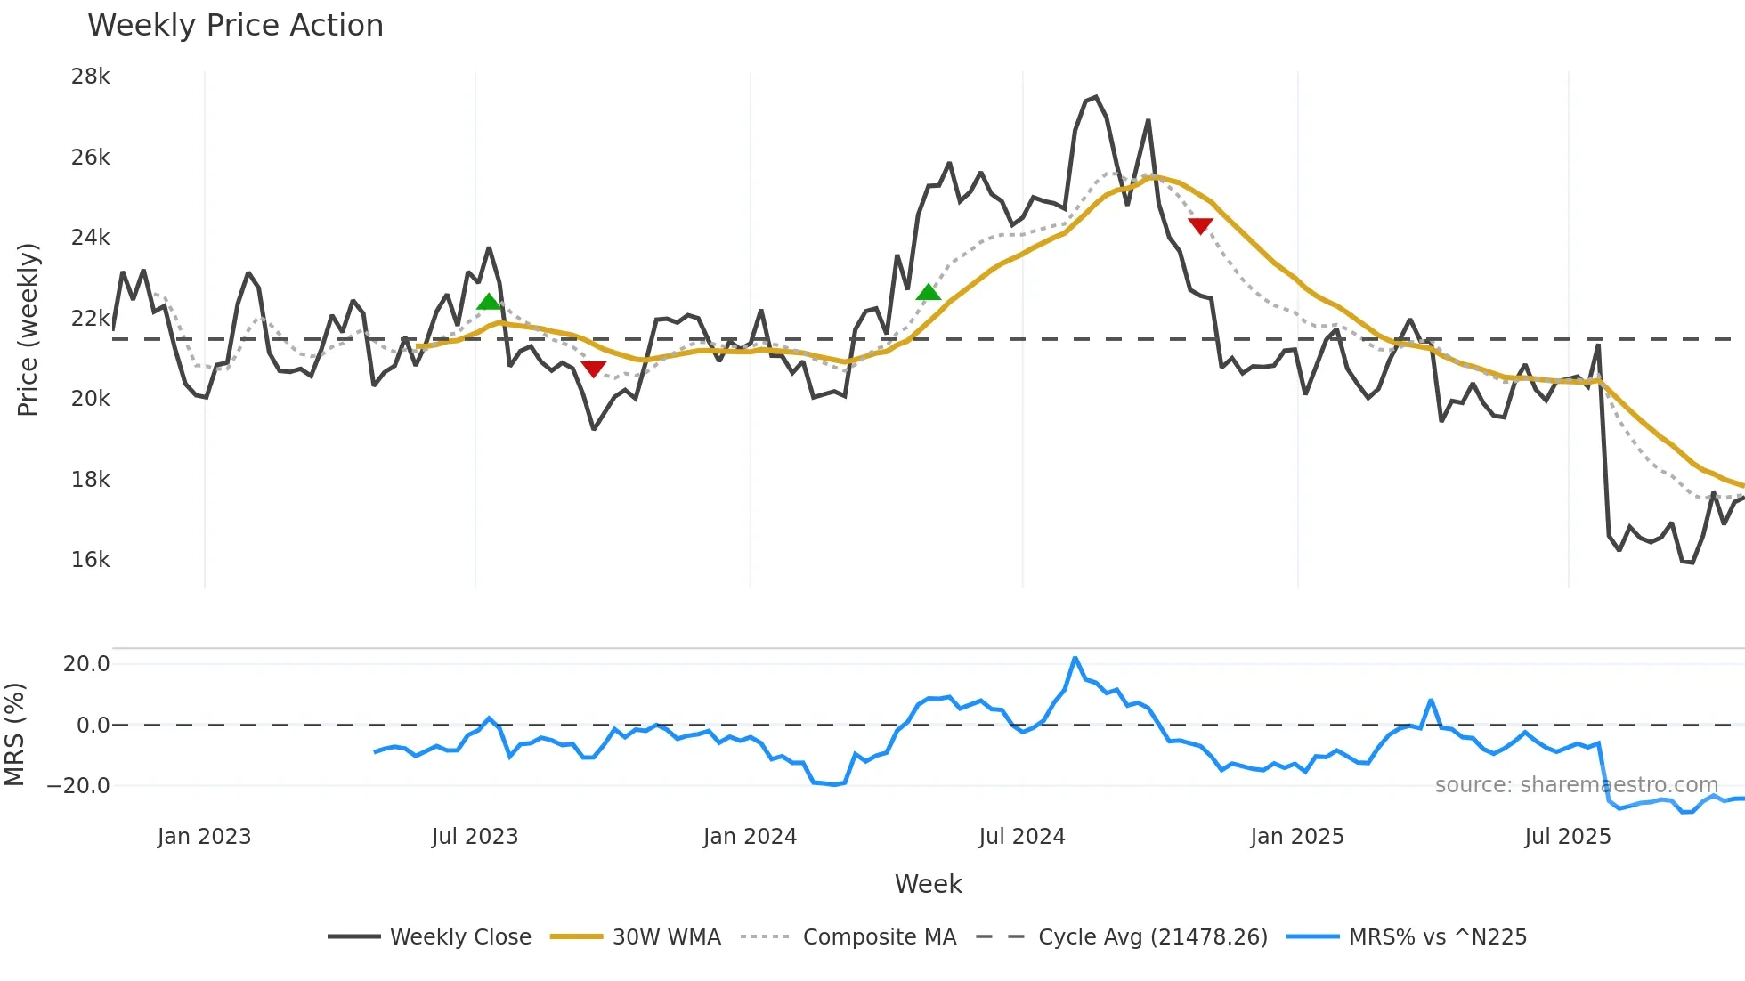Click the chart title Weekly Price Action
click(x=235, y=26)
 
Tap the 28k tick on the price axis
click(x=90, y=77)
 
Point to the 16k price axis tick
click(x=90, y=560)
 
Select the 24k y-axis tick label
click(x=90, y=238)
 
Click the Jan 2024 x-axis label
click(x=750, y=837)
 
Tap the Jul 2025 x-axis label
click(x=1567, y=837)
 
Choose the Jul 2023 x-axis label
click(x=475, y=837)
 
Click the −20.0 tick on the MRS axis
click(x=78, y=786)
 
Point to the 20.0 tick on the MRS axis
click(x=86, y=664)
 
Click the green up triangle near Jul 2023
click(x=489, y=302)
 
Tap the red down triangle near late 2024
click(x=1200, y=226)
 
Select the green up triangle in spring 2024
click(x=928, y=292)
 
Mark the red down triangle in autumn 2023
click(x=593, y=369)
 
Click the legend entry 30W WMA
click(x=666, y=937)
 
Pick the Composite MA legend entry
click(x=879, y=937)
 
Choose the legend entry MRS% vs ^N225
click(x=1437, y=937)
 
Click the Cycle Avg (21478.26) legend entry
click(x=1152, y=937)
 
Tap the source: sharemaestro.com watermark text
click(x=1576, y=785)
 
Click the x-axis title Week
click(x=928, y=884)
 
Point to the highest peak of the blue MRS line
click(x=1075, y=659)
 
